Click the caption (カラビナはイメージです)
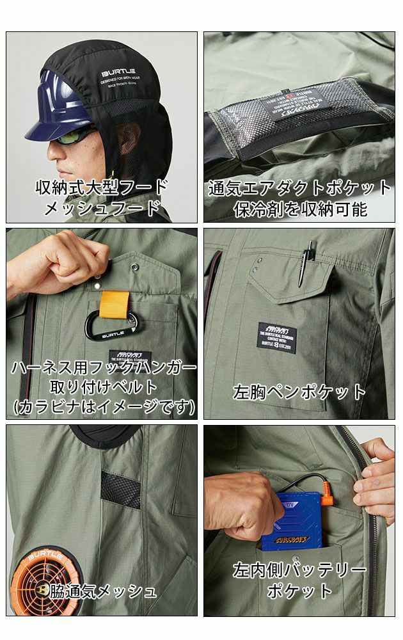click(102, 406)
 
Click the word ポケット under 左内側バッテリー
click(299, 589)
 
